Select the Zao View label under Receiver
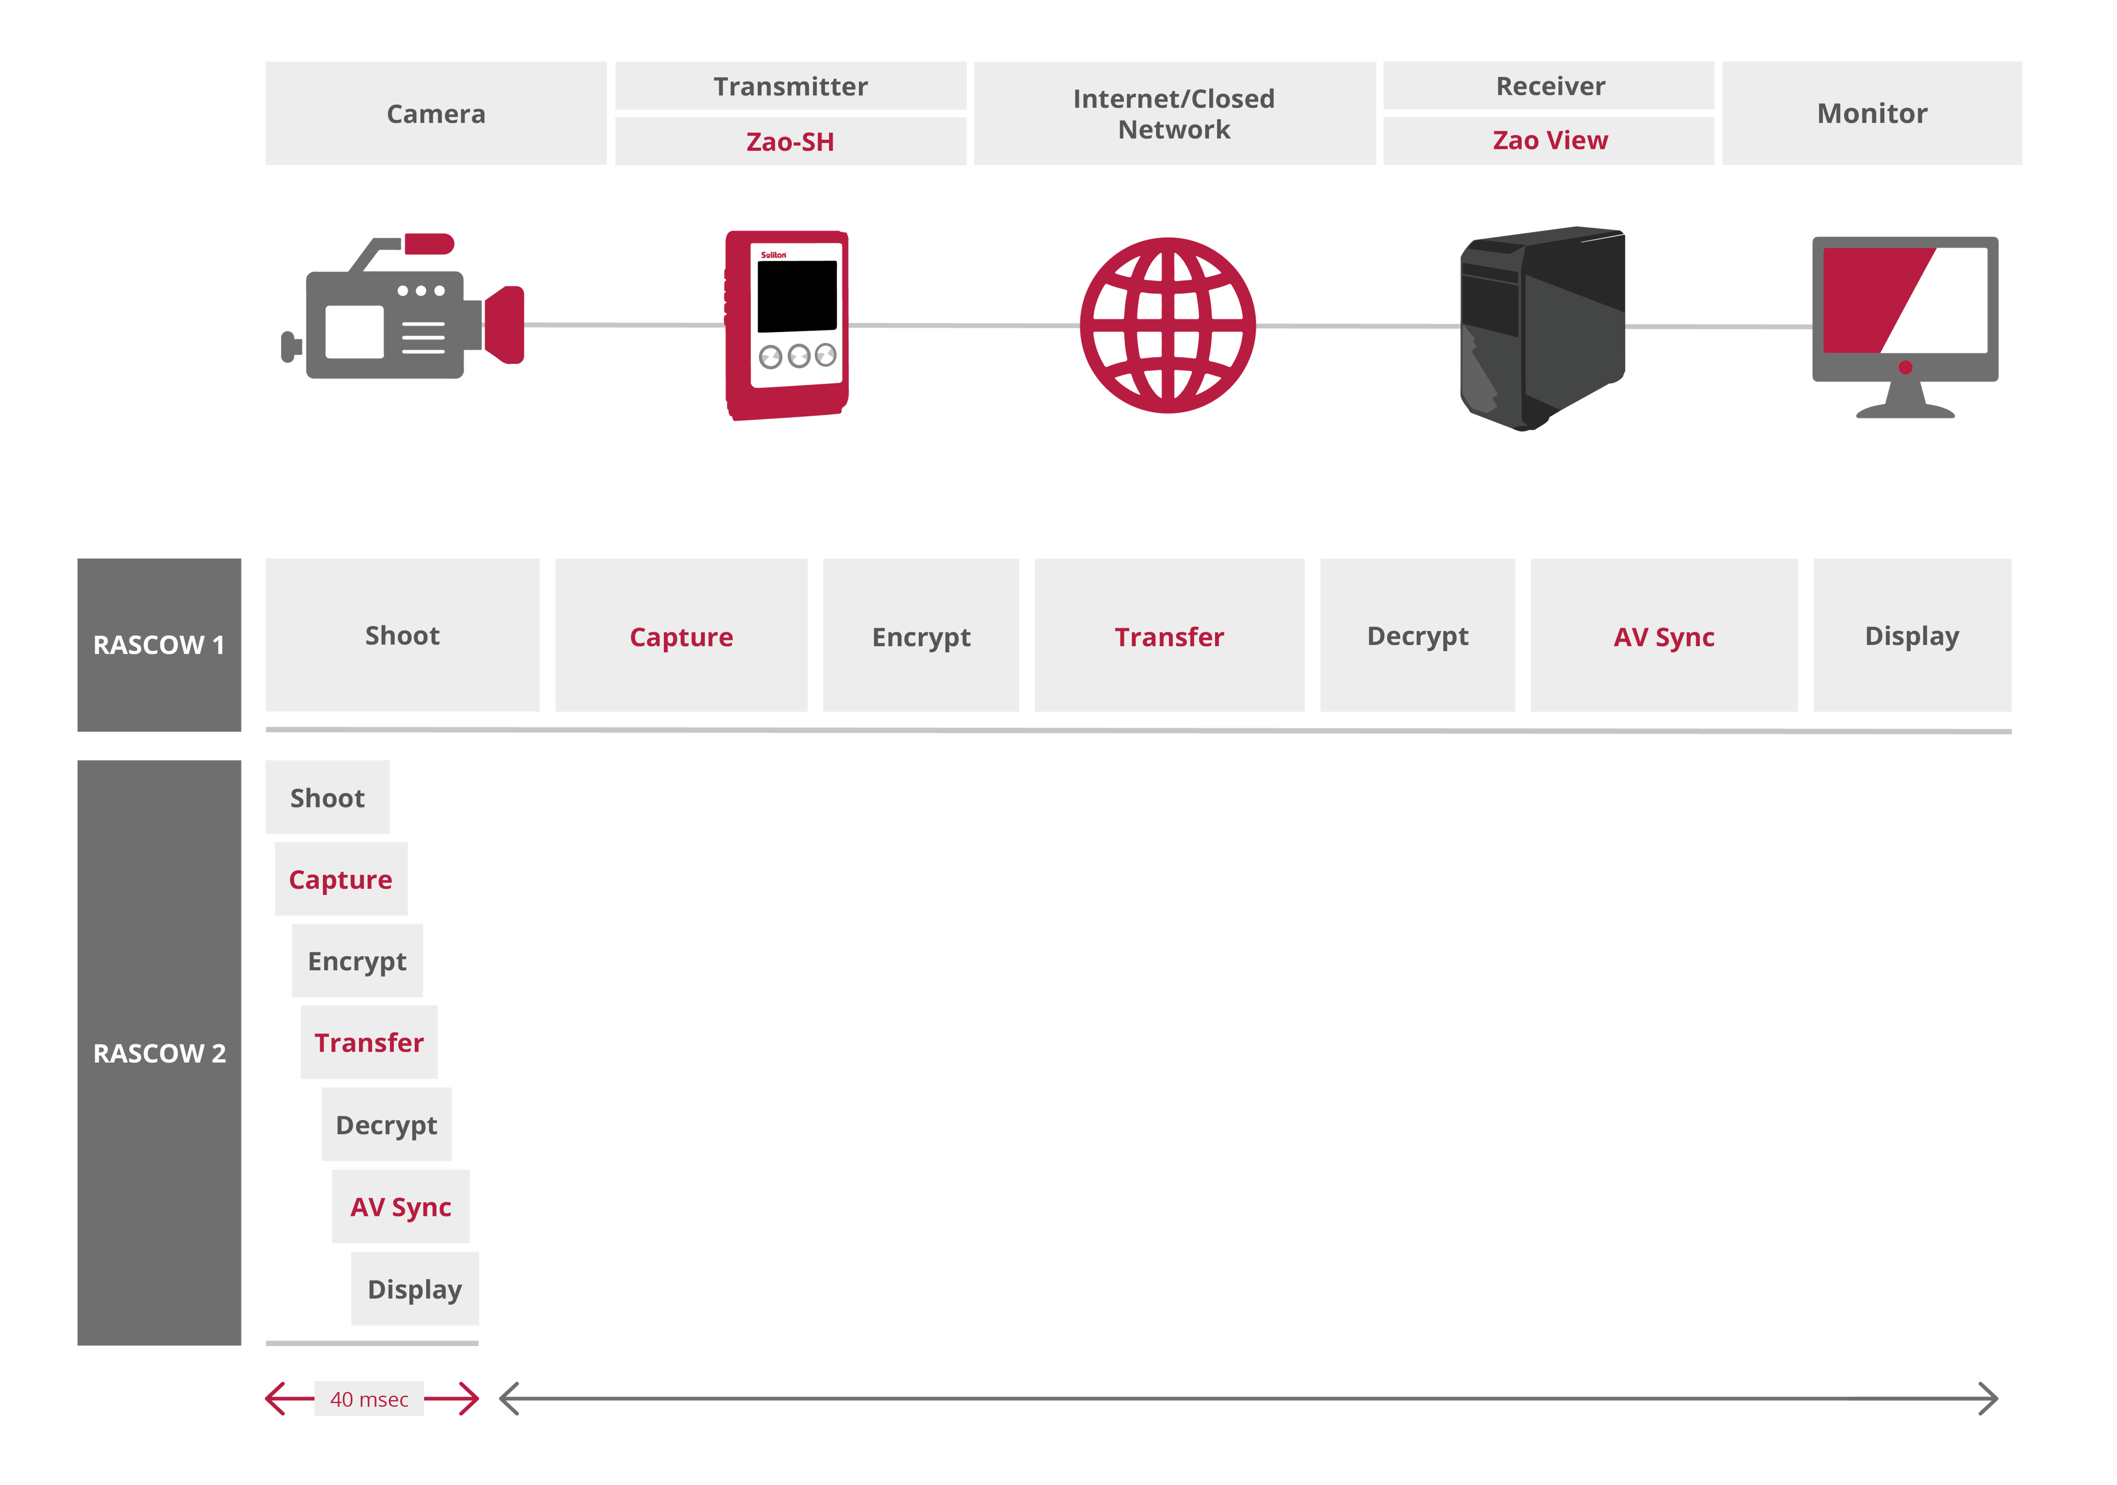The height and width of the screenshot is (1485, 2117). [x=1549, y=140]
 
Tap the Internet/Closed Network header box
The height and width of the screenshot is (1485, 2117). [x=1174, y=114]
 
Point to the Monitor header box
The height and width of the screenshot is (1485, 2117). [x=1872, y=114]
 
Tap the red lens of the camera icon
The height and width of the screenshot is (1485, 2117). [x=506, y=325]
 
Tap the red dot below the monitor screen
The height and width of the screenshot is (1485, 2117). [x=1905, y=368]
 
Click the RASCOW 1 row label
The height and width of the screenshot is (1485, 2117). [x=159, y=644]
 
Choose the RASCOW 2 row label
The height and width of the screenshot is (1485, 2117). [x=159, y=1053]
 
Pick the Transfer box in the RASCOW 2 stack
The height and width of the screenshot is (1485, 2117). [x=369, y=1042]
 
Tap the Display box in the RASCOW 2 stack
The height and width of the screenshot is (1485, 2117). [x=415, y=1289]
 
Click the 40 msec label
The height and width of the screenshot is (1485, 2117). [x=369, y=1398]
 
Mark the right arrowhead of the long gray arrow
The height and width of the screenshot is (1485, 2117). [x=1992, y=1398]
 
